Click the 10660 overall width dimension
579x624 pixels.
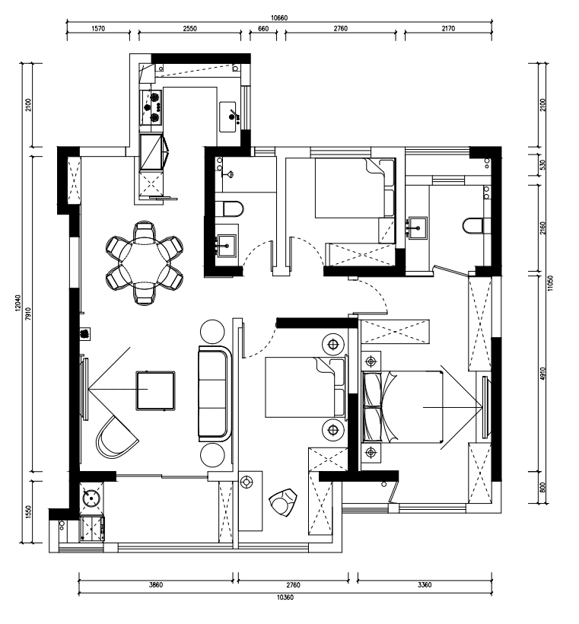click(279, 18)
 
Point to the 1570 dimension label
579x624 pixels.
click(98, 29)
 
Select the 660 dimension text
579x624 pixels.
click(263, 29)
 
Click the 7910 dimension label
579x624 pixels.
click(27, 314)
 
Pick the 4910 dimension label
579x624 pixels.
click(543, 374)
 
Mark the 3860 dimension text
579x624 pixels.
click(156, 585)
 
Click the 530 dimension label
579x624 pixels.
click(543, 165)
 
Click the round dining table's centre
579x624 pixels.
click(145, 263)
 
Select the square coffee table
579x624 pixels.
click(156, 390)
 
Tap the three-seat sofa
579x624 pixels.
click(215, 394)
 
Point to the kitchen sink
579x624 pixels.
click(229, 116)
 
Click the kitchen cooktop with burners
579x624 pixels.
click(151, 107)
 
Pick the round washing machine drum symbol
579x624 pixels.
click(91, 498)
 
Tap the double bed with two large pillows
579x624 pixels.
click(402, 406)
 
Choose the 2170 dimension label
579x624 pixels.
click(448, 29)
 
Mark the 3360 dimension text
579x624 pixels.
click(425, 585)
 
